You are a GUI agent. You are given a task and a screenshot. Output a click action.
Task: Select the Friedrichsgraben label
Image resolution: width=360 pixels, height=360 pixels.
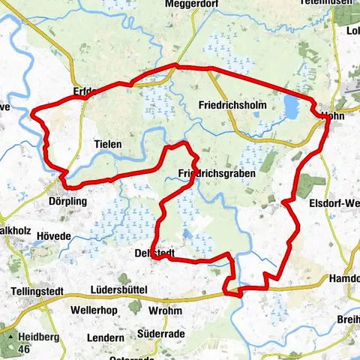[x=217, y=173]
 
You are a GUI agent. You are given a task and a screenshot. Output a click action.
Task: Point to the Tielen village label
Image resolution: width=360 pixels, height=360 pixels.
[x=108, y=143]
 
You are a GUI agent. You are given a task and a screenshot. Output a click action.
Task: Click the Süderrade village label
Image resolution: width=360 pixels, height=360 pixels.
[x=162, y=333]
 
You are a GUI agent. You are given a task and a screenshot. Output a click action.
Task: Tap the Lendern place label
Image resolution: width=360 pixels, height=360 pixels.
[x=105, y=338]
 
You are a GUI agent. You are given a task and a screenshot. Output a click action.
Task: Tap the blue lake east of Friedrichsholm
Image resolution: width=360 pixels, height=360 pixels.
[x=291, y=107]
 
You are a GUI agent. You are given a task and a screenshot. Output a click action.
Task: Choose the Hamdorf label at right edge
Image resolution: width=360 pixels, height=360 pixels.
[x=344, y=278]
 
